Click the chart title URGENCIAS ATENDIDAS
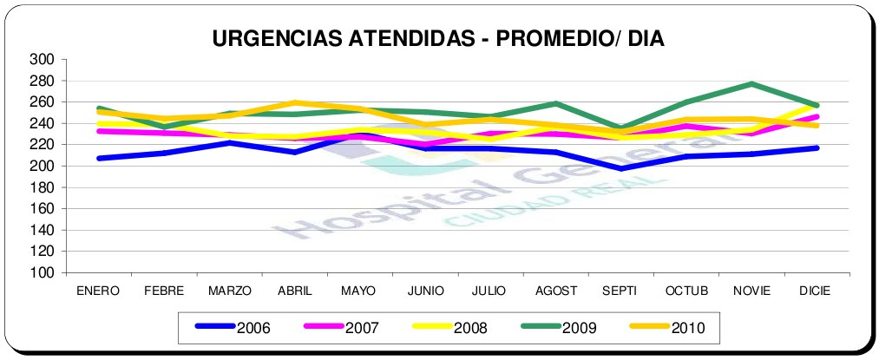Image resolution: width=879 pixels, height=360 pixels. coord(438,39)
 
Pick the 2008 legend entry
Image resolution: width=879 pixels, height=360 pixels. coord(469,328)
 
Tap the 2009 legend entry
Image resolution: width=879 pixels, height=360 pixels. coord(580,328)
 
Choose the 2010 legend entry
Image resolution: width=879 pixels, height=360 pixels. coord(686,328)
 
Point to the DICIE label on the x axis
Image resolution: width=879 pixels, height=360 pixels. coord(816,291)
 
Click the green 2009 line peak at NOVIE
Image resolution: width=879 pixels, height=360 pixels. coord(751,84)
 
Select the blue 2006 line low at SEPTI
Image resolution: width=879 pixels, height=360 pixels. coord(620,168)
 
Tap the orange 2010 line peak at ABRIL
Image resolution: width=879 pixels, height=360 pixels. coord(297,102)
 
